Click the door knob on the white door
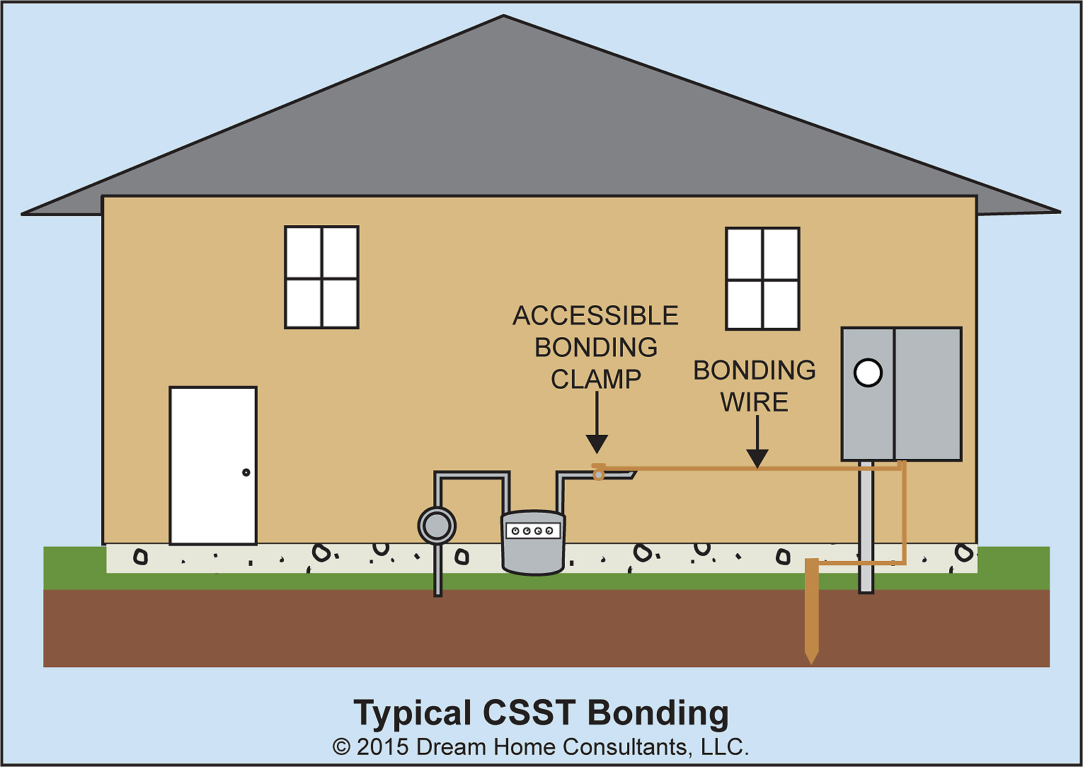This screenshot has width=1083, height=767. (x=246, y=472)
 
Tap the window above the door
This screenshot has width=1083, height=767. (x=321, y=278)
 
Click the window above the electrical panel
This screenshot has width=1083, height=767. (x=762, y=279)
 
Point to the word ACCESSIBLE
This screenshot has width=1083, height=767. (x=595, y=316)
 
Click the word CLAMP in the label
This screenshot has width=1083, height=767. (x=596, y=380)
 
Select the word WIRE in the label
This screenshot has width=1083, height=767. (x=755, y=402)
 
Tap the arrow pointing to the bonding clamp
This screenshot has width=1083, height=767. (x=597, y=425)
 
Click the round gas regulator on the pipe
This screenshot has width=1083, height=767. (x=437, y=526)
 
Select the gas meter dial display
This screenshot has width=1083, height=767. (x=533, y=530)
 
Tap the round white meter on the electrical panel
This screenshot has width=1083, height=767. (x=868, y=373)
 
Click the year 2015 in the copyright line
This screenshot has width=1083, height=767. (x=382, y=747)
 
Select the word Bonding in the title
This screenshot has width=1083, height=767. (x=658, y=714)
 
